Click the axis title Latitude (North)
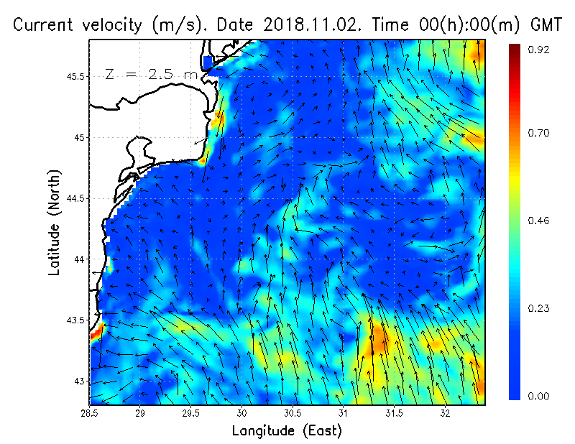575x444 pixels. tap(55, 222)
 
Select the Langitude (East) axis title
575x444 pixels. tap(287, 431)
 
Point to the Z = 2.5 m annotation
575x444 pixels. tap(151, 75)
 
